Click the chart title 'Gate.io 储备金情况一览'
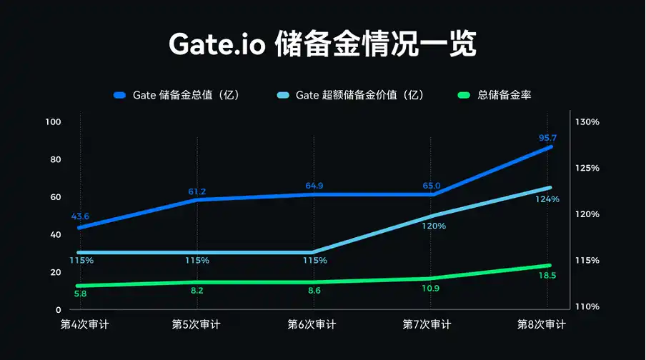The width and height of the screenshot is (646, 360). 322,44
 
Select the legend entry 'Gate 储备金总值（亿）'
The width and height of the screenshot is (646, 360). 185,95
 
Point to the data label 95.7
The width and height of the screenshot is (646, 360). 548,138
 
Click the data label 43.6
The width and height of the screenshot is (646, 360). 80,216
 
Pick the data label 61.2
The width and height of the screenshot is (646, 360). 197,191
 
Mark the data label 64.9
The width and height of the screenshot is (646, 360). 314,186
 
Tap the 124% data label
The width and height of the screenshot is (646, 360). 547,199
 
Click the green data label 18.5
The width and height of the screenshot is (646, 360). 547,275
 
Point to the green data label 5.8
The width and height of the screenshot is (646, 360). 80,294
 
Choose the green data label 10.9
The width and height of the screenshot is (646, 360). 432,288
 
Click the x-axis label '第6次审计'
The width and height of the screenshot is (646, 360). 312,324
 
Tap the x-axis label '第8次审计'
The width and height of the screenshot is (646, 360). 542,324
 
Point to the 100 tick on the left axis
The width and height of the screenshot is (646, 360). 53,122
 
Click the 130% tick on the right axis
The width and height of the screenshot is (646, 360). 587,122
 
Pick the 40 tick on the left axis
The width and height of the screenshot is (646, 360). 55,235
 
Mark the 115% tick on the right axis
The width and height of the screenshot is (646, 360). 587,261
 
